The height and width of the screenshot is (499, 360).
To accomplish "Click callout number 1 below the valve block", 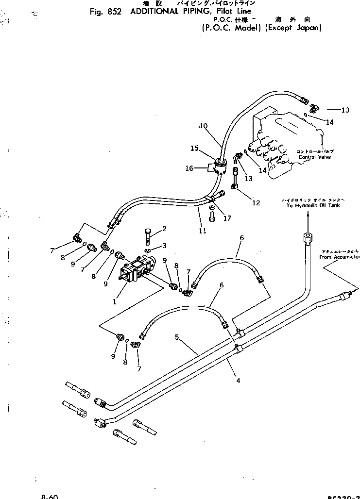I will coord(114,301).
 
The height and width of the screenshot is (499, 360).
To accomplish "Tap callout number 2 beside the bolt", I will coord(164,229).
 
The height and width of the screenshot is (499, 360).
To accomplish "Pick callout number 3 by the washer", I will coord(164,246).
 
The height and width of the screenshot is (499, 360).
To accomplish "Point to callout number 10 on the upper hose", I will coord(203,126).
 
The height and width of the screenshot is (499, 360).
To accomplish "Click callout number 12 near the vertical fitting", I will coord(256,203).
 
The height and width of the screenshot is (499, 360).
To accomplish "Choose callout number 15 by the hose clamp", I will coord(194,148).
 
